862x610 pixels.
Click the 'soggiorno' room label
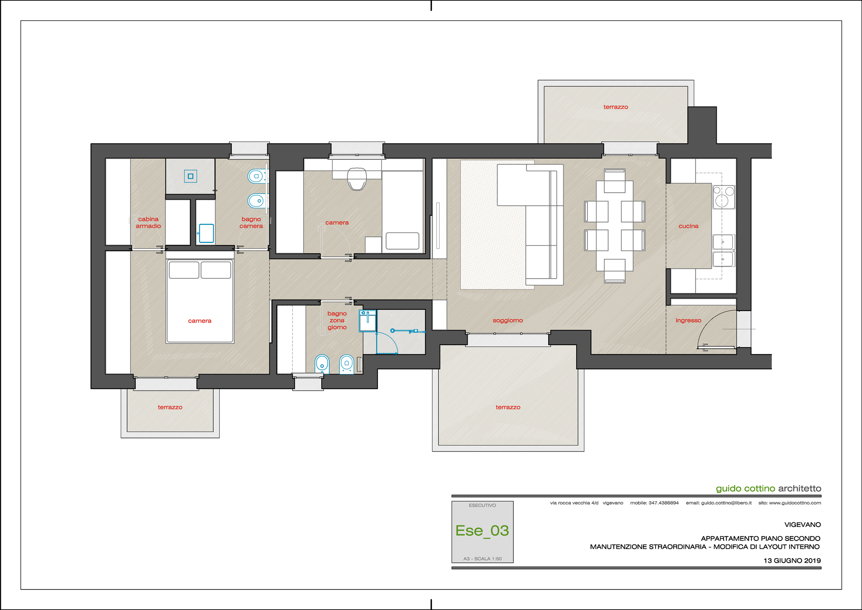pos(508,321)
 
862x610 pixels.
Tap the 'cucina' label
pos(688,226)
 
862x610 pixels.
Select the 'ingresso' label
pos(688,321)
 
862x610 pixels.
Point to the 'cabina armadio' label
pos(148,223)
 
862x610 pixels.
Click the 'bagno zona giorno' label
pos(337,321)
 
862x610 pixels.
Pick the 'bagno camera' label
pos(251,223)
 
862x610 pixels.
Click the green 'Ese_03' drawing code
pos(482,531)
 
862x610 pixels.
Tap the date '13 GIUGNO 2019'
pos(792,561)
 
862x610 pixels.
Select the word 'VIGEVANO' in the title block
pos(803,525)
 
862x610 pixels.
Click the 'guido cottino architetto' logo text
pos(768,488)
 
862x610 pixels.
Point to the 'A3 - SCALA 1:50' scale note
pos(482,559)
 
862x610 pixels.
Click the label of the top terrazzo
pos(615,107)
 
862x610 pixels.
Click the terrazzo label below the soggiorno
pos(508,407)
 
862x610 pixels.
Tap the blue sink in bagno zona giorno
pos(368,321)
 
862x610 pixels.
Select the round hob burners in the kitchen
pos(724,197)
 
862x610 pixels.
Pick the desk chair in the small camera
pos(357,179)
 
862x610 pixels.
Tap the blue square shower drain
pos(191,176)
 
